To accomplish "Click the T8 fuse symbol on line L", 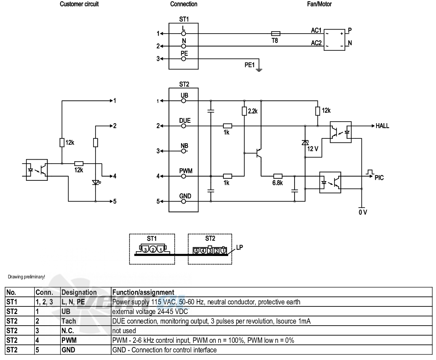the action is coord(276,34).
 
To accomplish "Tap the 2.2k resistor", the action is coord(244,111).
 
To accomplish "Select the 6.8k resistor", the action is coord(278,176).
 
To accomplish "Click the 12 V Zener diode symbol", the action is coord(305,142).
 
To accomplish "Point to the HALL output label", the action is coord(382,126).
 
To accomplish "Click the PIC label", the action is coord(379,178).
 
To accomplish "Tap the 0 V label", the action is coord(362,212).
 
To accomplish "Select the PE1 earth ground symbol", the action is coord(259,69).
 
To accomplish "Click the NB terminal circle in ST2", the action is coord(183,151).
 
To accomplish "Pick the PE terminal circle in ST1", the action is coord(183,59).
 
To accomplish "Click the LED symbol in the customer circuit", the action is coord(96,183).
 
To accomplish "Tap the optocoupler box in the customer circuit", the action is coord(37,170).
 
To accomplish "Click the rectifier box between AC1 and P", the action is coord(334,40).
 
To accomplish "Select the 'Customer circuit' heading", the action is coord(79,4).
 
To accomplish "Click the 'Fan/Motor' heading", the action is coord(319,4).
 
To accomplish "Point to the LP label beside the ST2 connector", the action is coord(239,247).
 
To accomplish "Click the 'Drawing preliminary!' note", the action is coord(26,277).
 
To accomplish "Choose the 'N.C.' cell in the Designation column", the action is coord(68,331).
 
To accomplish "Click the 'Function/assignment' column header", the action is coord(143,292).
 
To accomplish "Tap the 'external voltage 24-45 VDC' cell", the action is coord(150,312).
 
